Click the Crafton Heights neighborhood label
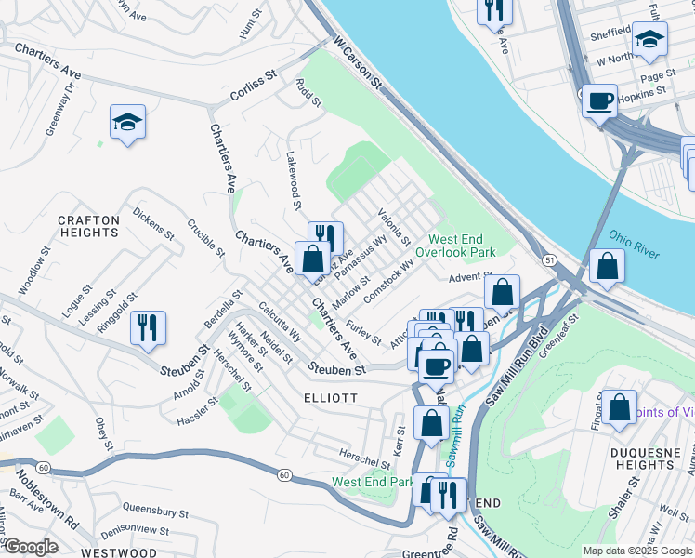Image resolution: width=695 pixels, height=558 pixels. coord(89,228)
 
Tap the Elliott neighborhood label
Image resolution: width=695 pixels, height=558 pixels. coord(330,396)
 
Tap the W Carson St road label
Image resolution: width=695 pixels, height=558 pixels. coord(359,63)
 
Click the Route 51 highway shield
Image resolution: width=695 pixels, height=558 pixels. coord(551,262)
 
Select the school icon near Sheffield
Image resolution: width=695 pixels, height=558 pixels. coord(650,39)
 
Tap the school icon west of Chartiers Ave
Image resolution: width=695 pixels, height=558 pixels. coord(128,121)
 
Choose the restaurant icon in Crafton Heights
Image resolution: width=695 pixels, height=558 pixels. coord(148,326)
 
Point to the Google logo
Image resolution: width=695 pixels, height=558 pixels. coord(31,547)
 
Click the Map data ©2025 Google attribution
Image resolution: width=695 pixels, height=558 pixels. coord(636,551)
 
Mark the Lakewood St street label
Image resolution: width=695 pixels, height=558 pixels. coord(295,180)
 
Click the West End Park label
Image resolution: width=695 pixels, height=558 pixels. coord(372,482)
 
